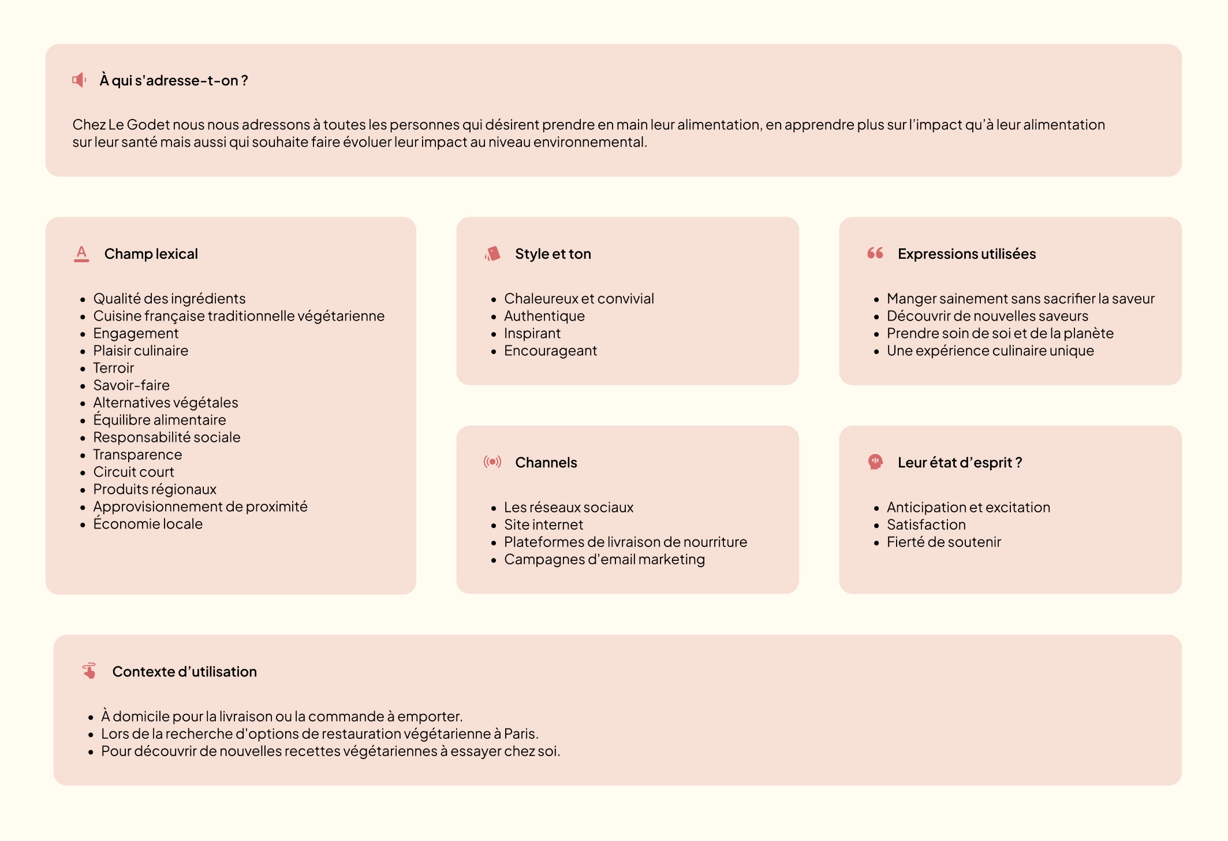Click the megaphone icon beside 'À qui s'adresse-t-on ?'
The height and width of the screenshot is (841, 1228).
pyautogui.click(x=79, y=80)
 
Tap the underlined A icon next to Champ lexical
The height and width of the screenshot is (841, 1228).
pyautogui.click(x=81, y=254)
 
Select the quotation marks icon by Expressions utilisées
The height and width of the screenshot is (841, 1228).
pyautogui.click(x=875, y=253)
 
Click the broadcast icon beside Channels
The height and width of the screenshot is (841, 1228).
pyautogui.click(x=492, y=462)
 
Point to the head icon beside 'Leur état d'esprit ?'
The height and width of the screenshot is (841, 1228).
pyautogui.click(x=875, y=462)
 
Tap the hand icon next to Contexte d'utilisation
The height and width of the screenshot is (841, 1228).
pyautogui.click(x=89, y=671)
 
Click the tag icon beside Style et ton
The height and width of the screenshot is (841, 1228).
pyautogui.click(x=492, y=254)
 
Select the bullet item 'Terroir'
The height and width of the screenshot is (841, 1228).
pyautogui.click(x=114, y=368)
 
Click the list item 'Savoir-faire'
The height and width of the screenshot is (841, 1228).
pyautogui.click(x=132, y=385)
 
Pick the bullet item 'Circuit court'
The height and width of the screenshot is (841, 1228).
pyautogui.click(x=133, y=472)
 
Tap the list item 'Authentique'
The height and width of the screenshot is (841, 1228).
pyautogui.click(x=544, y=316)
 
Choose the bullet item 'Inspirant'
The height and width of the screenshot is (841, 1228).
pyautogui.click(x=532, y=333)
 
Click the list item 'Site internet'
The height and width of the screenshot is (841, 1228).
pyautogui.click(x=543, y=524)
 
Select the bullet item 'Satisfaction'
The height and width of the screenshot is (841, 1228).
pyautogui.click(x=926, y=524)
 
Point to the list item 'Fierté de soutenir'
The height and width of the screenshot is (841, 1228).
pyautogui.click(x=943, y=542)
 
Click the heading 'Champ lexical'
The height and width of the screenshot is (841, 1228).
pyautogui.click(x=151, y=254)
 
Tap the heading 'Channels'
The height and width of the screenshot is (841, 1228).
pyautogui.click(x=546, y=463)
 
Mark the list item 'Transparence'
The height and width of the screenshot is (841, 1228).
pyautogui.click(x=137, y=455)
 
